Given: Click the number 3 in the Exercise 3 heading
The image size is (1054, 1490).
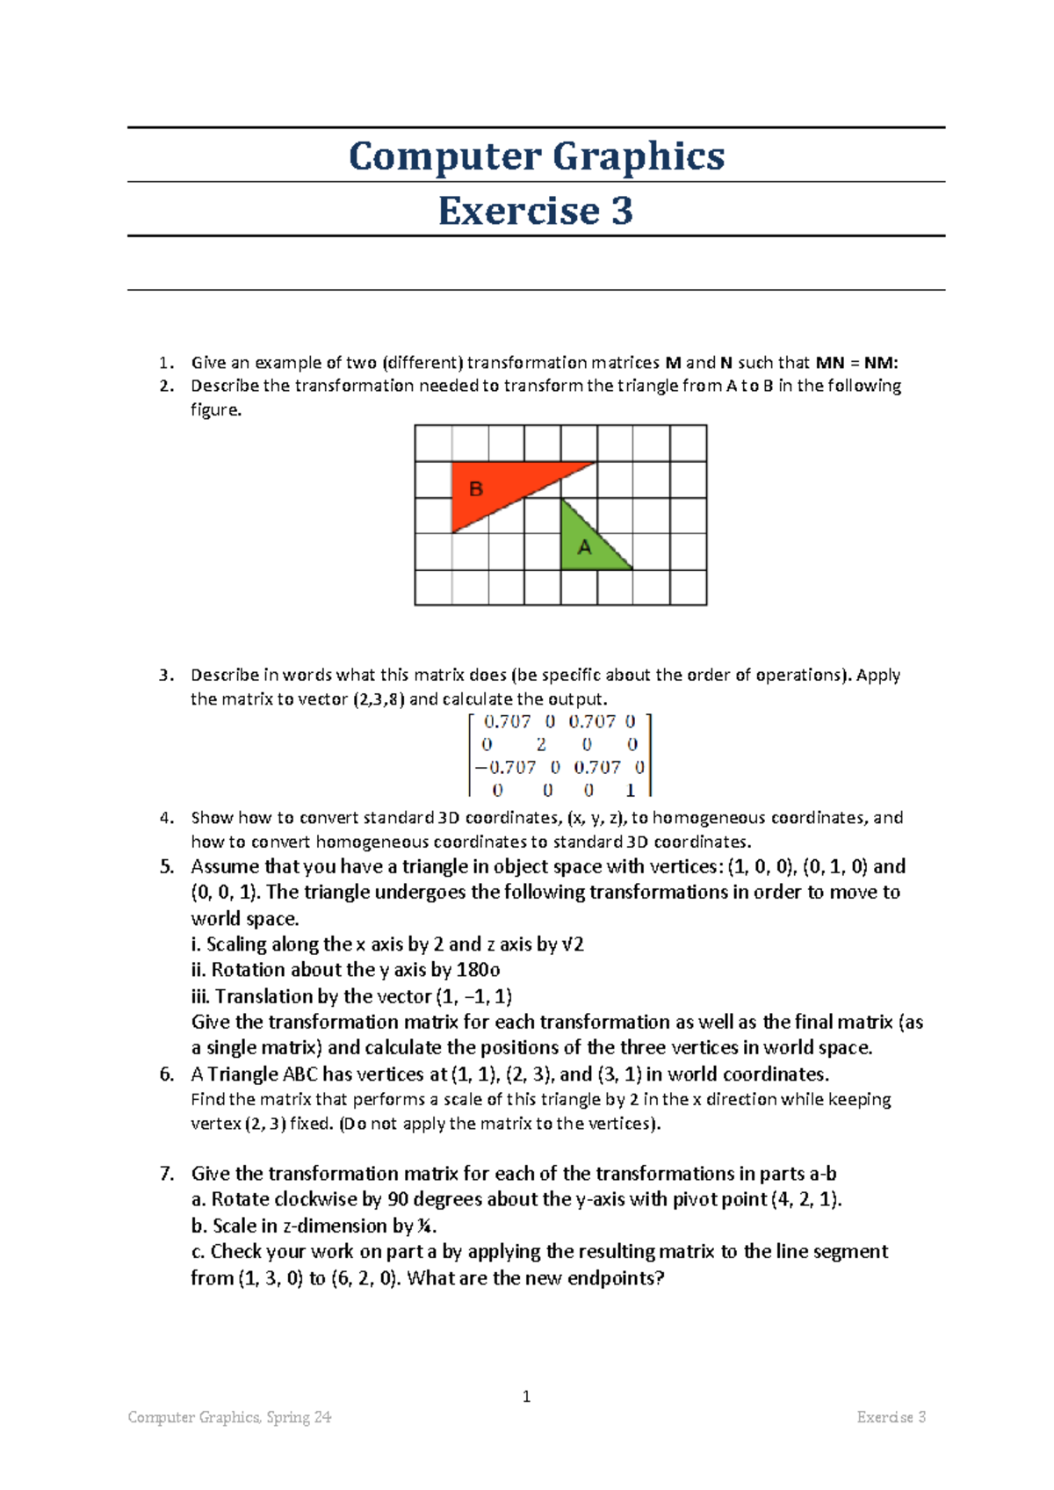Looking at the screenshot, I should [x=622, y=211].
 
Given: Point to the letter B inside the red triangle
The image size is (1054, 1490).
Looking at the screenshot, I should [x=476, y=489].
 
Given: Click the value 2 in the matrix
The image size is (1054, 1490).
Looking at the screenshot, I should [x=541, y=744].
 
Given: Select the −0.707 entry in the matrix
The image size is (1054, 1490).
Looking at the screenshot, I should [x=506, y=767].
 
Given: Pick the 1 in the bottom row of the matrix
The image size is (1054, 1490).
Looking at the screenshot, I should [x=630, y=790].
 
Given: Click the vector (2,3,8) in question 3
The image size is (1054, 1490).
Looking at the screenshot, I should [x=379, y=699].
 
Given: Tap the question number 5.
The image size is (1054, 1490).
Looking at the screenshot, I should [x=167, y=867].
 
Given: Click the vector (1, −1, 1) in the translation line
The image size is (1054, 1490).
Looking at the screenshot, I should [x=474, y=996].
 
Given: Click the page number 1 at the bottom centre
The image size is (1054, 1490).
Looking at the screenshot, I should [x=526, y=1396].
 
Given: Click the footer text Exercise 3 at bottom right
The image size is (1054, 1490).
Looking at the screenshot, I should [x=891, y=1417].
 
